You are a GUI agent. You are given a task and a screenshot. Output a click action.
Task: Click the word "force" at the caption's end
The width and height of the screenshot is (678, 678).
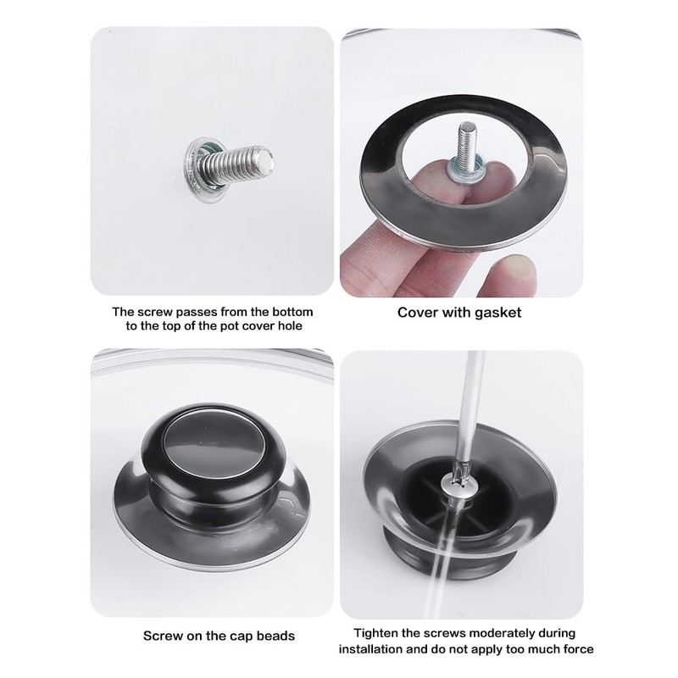tap(577, 649)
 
